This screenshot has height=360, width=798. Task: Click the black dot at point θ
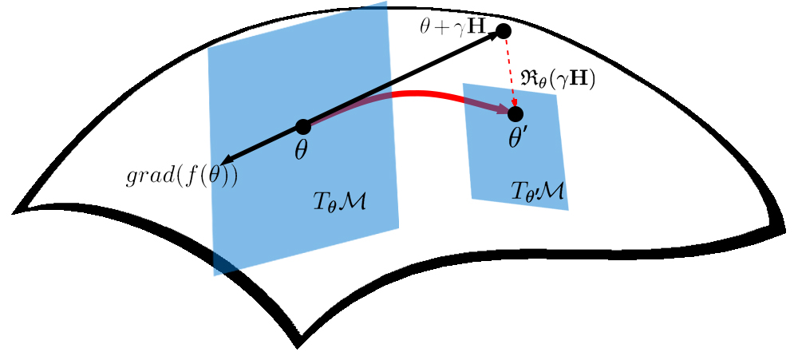pos(302,126)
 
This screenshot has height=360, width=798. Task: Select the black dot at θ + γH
pos(504,31)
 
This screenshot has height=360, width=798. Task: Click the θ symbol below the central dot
pos(302,149)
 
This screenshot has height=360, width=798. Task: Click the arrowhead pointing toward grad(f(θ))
pos(230,160)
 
